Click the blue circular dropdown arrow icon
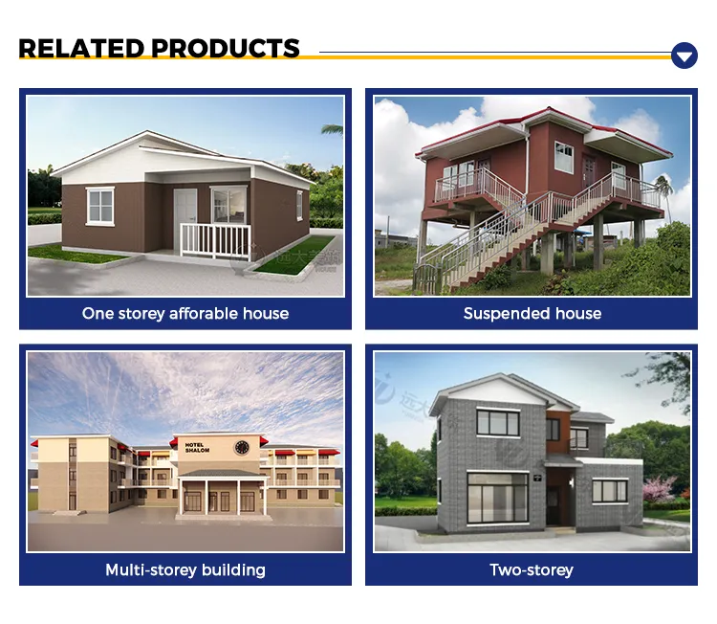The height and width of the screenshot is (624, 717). point(684,56)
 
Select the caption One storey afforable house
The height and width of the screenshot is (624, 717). point(185,313)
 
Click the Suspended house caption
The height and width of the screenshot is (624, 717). point(532,313)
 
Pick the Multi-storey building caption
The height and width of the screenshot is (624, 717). point(185,569)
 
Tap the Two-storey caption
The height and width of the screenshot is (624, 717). point(532,569)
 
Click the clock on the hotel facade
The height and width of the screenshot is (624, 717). point(242,446)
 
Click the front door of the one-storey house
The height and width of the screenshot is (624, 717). point(185,212)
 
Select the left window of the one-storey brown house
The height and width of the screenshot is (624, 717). point(99,205)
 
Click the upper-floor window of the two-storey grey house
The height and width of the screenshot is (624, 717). point(497,422)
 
